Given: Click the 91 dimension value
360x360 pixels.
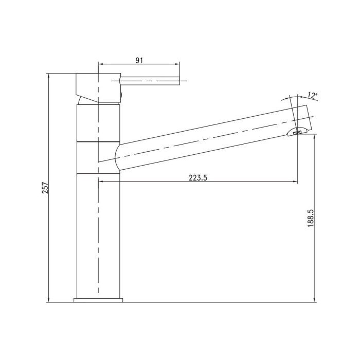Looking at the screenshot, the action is (x=139, y=60).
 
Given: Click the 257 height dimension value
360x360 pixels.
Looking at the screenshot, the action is (x=46, y=188).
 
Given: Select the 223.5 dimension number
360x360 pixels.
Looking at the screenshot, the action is (x=198, y=178).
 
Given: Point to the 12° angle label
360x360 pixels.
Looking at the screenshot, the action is (x=313, y=95).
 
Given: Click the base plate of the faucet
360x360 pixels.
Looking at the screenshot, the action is (x=98, y=300).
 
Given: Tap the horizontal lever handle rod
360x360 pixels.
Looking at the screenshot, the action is (x=149, y=81).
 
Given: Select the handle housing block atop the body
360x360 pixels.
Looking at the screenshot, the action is (x=98, y=87).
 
